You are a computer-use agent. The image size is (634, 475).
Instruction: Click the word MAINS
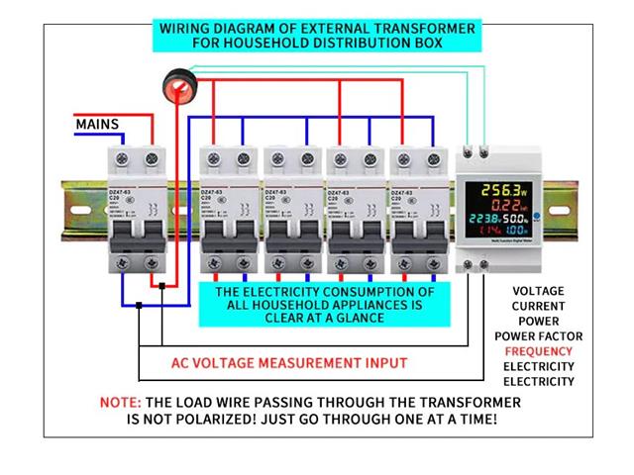[97, 125]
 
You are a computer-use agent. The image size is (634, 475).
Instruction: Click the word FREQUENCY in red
[538, 351]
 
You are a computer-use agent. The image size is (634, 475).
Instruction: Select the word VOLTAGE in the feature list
[539, 291]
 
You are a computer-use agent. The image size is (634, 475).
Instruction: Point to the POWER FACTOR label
[539, 336]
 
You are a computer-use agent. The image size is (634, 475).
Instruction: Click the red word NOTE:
[121, 403]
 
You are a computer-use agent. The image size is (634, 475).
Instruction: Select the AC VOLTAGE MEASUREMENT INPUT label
[288, 363]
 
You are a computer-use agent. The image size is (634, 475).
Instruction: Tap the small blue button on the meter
[536, 216]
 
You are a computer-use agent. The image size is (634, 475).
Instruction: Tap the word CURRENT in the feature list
[539, 307]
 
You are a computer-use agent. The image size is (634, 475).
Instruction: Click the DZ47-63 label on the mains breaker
[121, 191]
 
